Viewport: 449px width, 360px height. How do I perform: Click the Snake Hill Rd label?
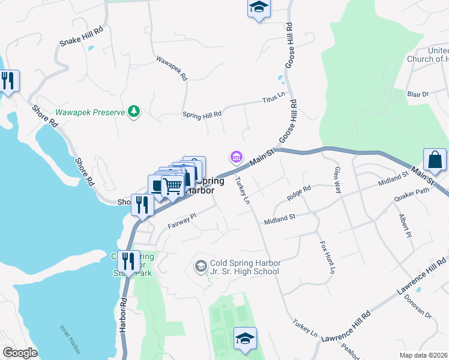tap(82, 36)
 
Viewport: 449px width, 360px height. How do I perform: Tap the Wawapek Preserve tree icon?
tap(135, 112)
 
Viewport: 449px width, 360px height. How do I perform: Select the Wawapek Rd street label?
tap(172, 69)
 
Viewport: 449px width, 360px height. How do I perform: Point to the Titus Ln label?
tap(274, 98)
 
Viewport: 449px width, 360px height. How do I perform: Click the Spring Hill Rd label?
tap(202, 113)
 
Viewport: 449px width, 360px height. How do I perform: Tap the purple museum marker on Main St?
tap(236, 158)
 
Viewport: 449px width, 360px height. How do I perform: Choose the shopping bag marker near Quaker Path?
tap(435, 160)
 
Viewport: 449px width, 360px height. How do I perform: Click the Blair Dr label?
tap(418, 94)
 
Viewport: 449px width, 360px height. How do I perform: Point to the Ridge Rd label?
tap(298, 191)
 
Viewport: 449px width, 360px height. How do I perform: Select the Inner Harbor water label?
tap(70, 339)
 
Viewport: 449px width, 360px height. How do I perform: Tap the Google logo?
tap(20, 353)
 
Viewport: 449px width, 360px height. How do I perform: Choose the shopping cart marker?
tap(173, 187)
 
